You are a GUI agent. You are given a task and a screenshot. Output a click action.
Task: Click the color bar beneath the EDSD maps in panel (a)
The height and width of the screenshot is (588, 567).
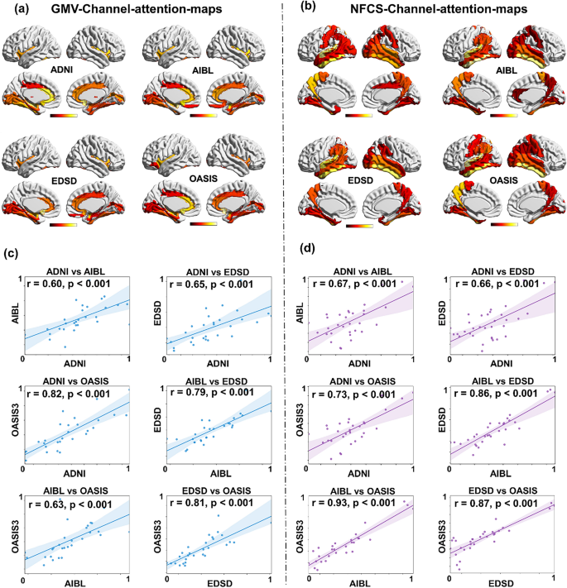(64, 224)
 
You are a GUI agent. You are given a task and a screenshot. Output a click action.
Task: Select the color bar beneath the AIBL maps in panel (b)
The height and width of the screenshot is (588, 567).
(504, 116)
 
